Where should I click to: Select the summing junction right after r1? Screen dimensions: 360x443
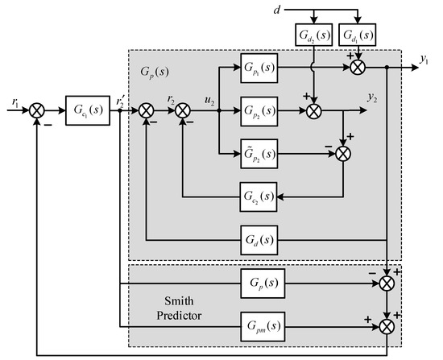pyautogui.click(x=35, y=108)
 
